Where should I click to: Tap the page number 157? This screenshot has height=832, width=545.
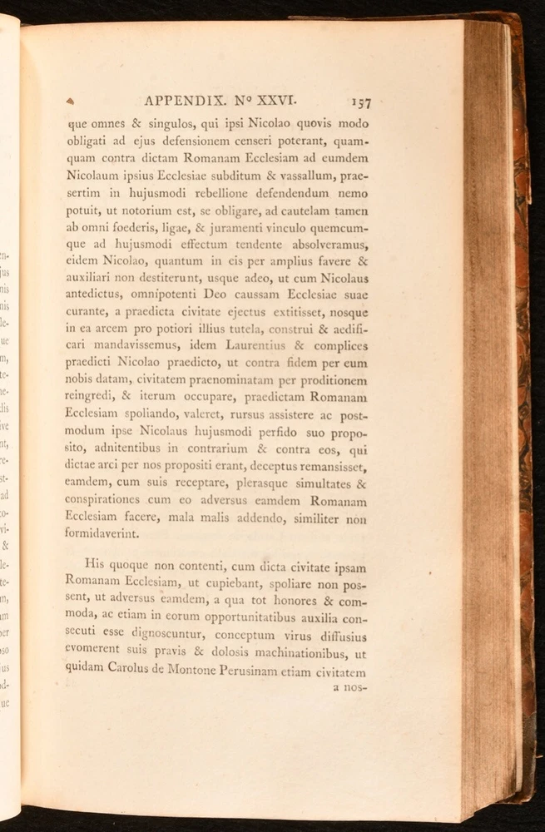pyautogui.click(x=360, y=102)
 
